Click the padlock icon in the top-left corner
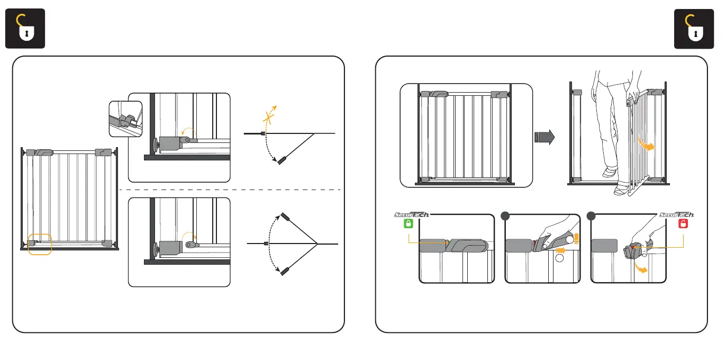(25, 29)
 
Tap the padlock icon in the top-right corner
(695, 29)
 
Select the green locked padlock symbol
(408, 224)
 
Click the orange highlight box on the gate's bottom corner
(39, 244)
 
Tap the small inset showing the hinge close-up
(125, 118)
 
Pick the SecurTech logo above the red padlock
(677, 215)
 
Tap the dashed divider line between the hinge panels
(233, 190)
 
